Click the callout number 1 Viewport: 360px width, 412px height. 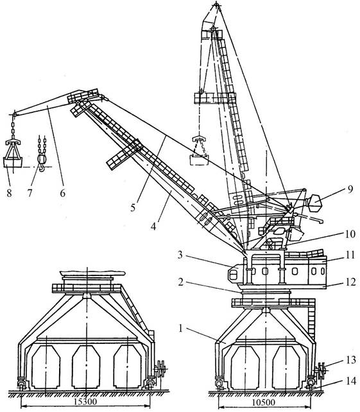click(x=180, y=328)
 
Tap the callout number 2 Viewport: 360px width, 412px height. click(x=180, y=282)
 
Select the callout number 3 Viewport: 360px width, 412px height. click(x=180, y=255)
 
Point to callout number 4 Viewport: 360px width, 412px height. click(x=153, y=226)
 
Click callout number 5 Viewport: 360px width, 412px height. click(x=133, y=207)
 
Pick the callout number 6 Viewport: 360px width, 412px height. click(x=62, y=193)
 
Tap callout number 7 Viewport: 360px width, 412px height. click(x=30, y=193)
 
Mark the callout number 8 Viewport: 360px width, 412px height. click(x=10, y=193)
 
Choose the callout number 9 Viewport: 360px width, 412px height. click(x=350, y=189)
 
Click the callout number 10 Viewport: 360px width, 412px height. click(x=350, y=234)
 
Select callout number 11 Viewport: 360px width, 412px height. click(x=350, y=255)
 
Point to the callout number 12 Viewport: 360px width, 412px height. click(x=350, y=282)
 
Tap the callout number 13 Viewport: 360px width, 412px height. click(x=351, y=359)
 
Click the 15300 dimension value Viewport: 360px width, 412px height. click(x=85, y=402)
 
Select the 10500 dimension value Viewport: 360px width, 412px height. click(x=264, y=402)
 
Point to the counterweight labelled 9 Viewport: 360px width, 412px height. click(x=314, y=203)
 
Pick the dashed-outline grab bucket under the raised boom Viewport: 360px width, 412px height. click(x=200, y=151)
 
